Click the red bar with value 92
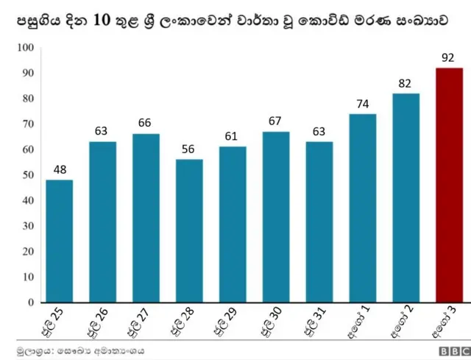click(449, 185)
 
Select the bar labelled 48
click(59, 241)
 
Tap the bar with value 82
click(406, 197)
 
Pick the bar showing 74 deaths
click(362, 208)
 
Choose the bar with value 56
click(189, 230)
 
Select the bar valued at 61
click(233, 225)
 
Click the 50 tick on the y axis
click(26, 175)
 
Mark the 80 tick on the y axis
click(26, 99)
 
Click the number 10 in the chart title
click(103, 22)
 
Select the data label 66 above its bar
click(146, 123)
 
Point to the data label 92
click(449, 57)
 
